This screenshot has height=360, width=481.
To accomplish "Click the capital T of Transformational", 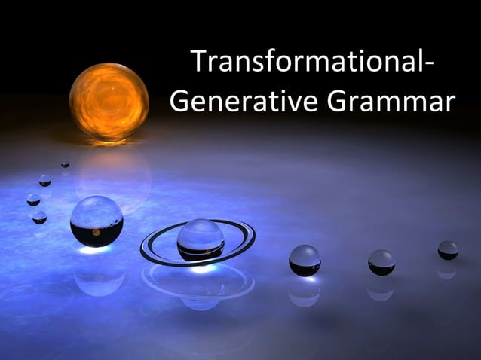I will pos(198,62).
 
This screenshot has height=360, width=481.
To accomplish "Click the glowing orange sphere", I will pos(109,101).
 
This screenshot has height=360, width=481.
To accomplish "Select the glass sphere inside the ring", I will pos(200,239).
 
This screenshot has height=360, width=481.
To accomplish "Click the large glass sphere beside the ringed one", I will pos(97,220).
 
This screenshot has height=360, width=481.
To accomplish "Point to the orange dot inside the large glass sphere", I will pos(96,232).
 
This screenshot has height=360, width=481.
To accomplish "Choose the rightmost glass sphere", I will pos(448,250).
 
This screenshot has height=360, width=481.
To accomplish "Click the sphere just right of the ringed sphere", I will pos(305,260).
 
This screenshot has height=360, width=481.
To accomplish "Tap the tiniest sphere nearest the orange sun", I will pos(66,163).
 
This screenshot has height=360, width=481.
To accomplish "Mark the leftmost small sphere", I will pos(33,200).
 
